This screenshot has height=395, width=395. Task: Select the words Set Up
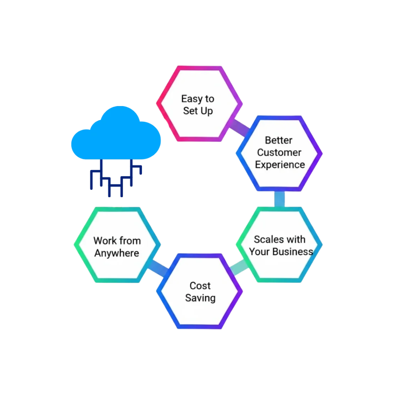[x=198, y=111]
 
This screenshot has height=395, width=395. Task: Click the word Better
[x=279, y=140]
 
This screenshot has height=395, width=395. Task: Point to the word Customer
[x=279, y=152]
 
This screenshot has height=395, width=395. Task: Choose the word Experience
[x=280, y=165]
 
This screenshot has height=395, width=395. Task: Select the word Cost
[x=200, y=286]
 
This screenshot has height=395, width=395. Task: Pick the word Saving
[x=200, y=298]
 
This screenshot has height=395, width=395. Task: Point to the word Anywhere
[x=117, y=253]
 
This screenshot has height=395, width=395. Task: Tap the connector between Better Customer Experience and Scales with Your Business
[x=280, y=199]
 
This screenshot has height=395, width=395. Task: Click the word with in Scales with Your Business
[x=296, y=240]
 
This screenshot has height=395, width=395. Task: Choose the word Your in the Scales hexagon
[x=259, y=252]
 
